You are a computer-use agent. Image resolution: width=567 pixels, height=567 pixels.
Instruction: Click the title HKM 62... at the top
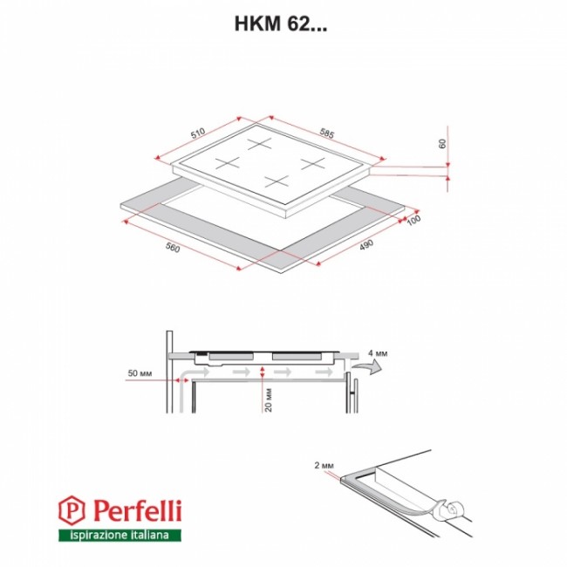281,24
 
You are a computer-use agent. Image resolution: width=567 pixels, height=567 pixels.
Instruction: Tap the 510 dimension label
198,133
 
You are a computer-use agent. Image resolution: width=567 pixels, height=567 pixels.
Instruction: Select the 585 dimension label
327,133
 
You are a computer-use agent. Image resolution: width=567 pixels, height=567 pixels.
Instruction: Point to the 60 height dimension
442,144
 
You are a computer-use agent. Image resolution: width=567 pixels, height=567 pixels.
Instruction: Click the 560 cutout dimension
173,248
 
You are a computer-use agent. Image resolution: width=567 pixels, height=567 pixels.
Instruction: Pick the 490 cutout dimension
366,245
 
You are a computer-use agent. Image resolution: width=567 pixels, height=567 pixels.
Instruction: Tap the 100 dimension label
413,220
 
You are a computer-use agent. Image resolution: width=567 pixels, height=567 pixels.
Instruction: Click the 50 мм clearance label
140,373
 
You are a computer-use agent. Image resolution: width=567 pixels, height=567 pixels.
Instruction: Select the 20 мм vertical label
269,400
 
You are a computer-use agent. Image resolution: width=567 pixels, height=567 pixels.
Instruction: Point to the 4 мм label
378,353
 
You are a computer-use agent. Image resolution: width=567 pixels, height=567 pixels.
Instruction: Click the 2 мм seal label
324,466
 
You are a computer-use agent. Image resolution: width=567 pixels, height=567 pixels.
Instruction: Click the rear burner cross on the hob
260,143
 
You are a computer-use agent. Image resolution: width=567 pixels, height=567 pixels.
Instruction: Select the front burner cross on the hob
277,181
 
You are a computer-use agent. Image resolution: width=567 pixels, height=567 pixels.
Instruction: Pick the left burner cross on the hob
228,163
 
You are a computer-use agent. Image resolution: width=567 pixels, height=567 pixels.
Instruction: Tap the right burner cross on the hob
313,164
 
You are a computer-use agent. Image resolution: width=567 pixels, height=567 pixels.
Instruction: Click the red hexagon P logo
72,510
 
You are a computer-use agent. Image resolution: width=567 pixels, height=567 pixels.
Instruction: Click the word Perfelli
138,510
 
